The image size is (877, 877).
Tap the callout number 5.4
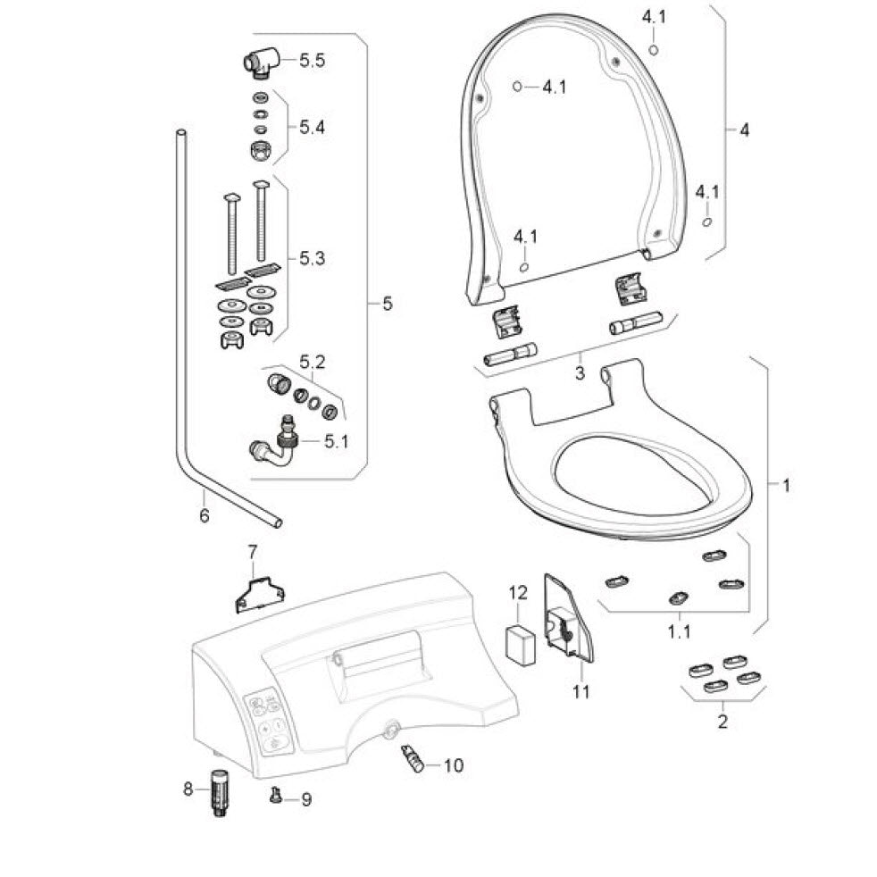pos(312,128)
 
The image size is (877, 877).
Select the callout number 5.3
pos(312,258)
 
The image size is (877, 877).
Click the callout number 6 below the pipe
pos(204,515)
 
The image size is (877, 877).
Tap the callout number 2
pos(722,720)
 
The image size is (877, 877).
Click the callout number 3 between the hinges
pos(580,372)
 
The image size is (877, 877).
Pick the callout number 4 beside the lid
pos(743,130)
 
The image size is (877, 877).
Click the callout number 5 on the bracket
pos(387,305)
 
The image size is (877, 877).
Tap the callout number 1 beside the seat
pos(786,485)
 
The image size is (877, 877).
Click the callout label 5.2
pos(312,362)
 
